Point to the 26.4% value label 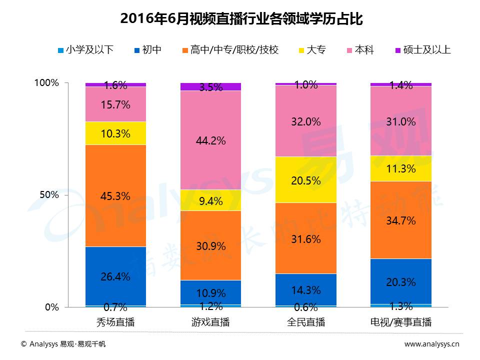(115, 276)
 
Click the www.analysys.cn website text (431, 344)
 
